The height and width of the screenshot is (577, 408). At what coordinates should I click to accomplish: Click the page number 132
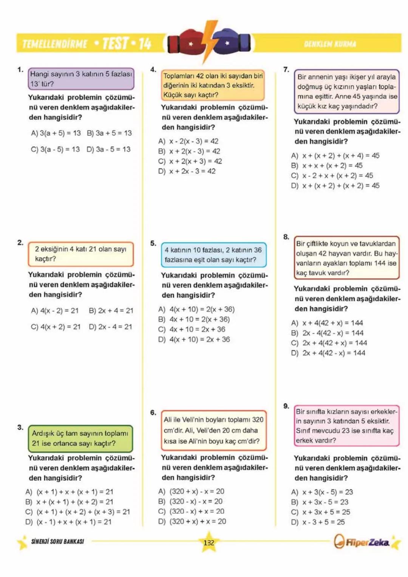point(209,543)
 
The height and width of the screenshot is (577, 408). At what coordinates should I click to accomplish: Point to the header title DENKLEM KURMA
point(330,44)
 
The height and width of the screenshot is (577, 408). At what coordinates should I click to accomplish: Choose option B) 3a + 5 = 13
point(109,133)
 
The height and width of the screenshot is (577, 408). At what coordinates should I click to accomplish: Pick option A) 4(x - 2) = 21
point(55,311)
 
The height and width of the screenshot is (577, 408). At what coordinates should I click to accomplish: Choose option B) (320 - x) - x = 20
point(191,501)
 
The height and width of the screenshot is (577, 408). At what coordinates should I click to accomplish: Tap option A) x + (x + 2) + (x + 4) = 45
point(335,156)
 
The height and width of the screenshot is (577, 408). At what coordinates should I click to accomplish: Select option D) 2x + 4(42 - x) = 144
point(328,353)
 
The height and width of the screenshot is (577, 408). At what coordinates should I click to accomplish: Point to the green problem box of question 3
point(80,438)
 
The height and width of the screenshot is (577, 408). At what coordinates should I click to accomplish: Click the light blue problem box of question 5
point(213,255)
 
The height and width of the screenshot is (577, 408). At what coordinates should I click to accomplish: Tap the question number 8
point(286,237)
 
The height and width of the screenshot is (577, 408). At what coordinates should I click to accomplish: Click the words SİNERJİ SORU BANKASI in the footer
point(57,541)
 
